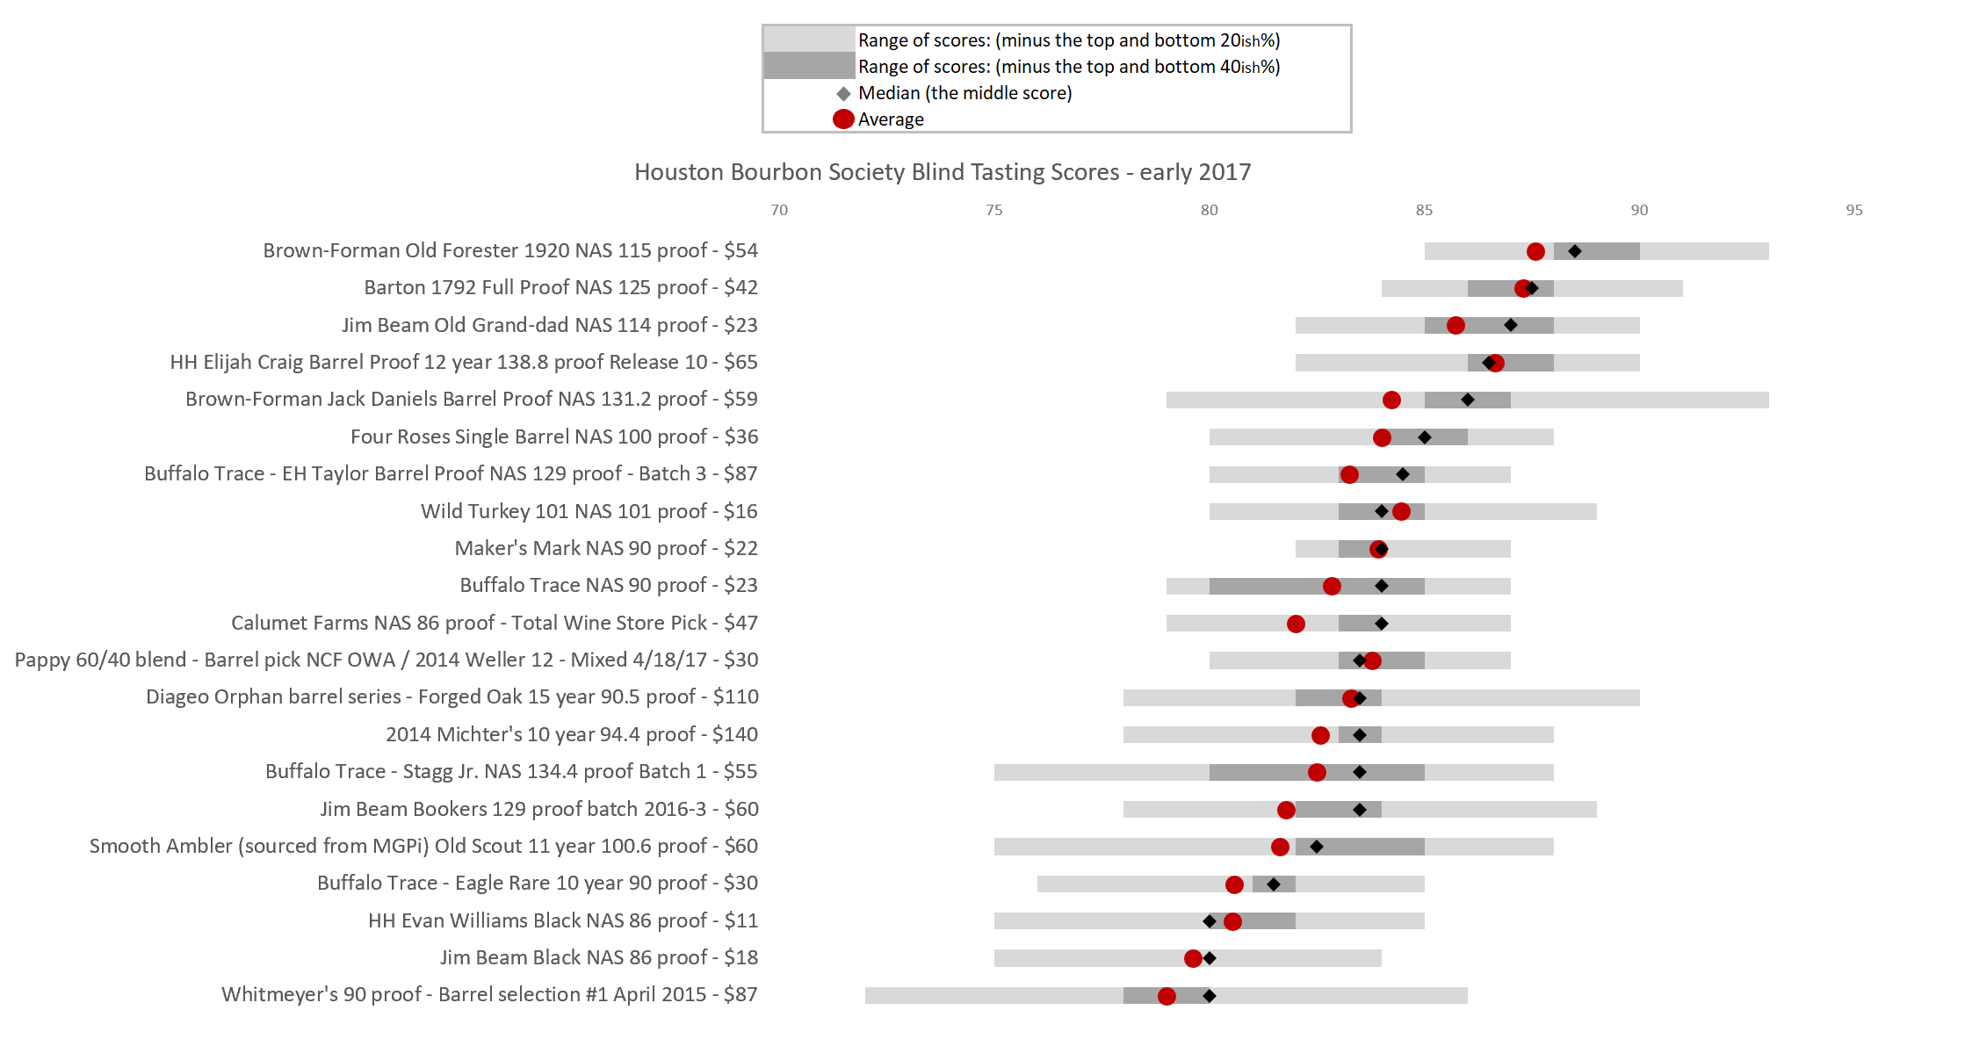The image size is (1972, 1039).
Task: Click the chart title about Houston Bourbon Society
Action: coord(943,172)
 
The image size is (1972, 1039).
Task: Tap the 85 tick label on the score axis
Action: coord(1424,210)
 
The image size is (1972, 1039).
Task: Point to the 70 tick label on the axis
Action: coord(779,210)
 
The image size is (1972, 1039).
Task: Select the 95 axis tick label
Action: coord(1853,210)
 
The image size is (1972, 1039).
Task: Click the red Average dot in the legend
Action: coord(843,119)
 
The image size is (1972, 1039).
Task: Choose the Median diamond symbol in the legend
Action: coord(843,93)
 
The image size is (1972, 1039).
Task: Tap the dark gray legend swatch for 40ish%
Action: coord(809,66)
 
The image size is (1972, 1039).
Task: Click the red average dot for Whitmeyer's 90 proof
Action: coord(1167,996)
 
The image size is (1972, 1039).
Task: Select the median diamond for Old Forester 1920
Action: coord(1575,252)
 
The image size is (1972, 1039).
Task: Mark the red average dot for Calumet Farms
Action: coord(1296,624)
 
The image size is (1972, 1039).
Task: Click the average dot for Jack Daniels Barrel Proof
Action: coord(1391,400)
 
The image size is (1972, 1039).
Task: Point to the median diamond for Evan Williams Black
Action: coord(1210,921)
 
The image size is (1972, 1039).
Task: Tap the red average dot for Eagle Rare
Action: coord(1234,884)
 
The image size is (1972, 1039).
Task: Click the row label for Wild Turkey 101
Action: coord(589,511)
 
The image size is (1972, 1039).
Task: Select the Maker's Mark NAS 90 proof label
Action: coord(606,548)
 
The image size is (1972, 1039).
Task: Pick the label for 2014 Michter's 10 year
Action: coord(572,734)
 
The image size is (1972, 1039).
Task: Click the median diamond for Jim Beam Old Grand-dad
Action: coord(1511,326)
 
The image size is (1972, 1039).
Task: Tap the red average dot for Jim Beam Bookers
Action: coord(1286,810)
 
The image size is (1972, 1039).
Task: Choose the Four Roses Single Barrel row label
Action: coord(554,437)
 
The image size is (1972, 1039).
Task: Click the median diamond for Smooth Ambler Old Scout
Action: coord(1317,847)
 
